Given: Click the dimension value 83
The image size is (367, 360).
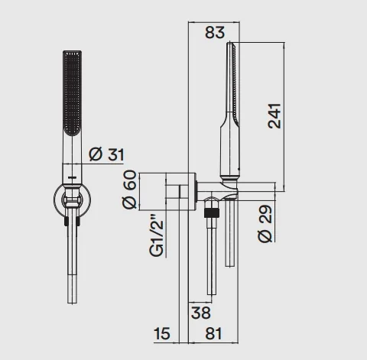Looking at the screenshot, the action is (x=215, y=32).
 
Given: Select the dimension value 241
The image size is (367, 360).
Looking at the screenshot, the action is (x=274, y=116).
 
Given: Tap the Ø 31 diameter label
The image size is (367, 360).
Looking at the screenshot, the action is (x=106, y=154).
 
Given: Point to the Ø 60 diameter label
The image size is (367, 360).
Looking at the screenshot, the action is (x=129, y=190).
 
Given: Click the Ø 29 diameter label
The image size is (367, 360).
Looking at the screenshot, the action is (x=265, y=223).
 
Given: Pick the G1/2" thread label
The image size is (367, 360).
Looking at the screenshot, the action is (x=156, y=235).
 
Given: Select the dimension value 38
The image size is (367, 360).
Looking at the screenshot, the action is (x=201, y=313).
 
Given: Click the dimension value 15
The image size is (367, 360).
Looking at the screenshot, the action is (x=162, y=333).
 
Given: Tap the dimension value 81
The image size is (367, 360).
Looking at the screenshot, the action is (x=213, y=333).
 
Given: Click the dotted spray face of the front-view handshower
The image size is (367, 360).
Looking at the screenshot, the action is (x=73, y=93).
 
